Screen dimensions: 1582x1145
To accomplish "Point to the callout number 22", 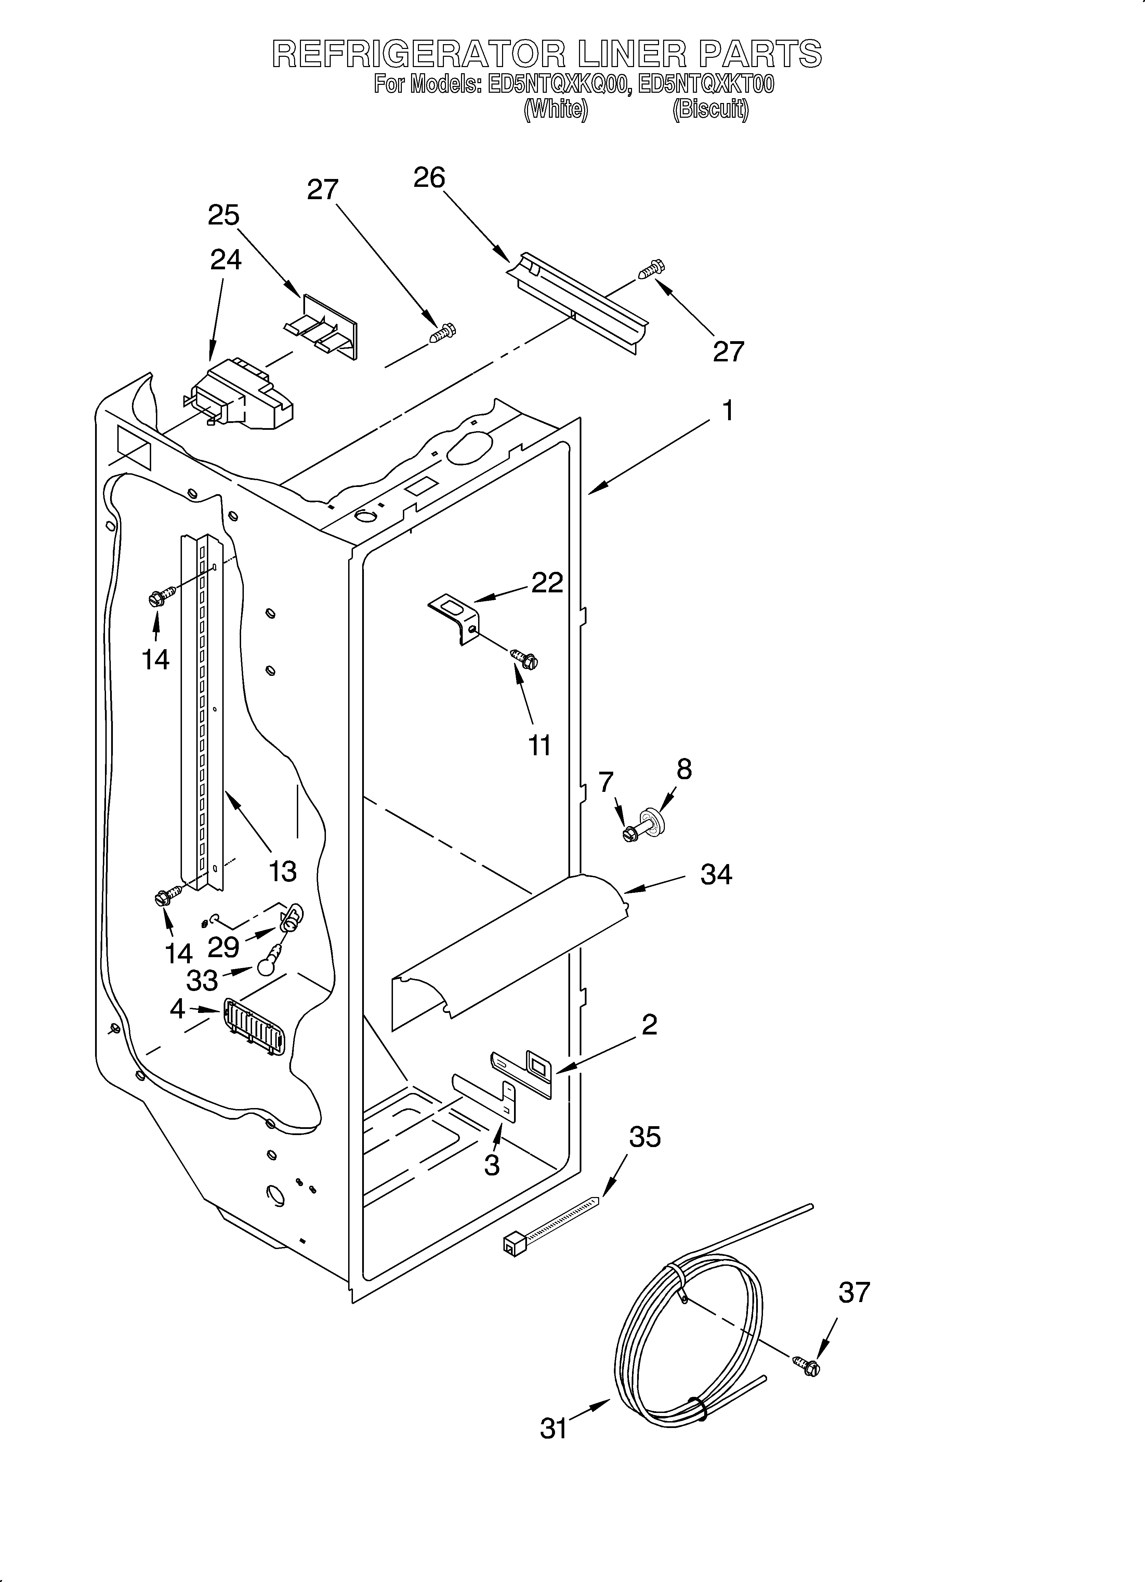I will coord(547,582).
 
